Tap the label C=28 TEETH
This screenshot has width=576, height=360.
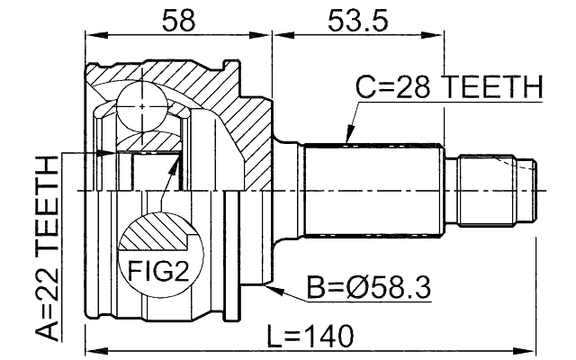[447, 88]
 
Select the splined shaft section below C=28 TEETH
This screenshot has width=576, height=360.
[374, 191]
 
